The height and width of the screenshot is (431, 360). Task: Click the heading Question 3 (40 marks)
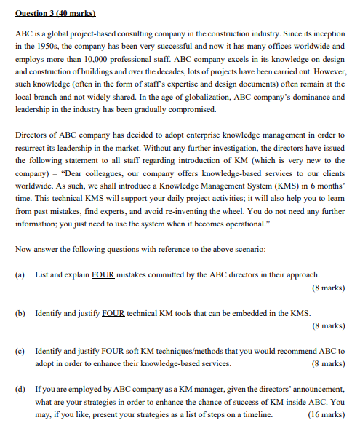pos(55,13)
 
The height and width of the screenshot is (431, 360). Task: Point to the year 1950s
pos(48,46)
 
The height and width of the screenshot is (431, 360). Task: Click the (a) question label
pos(20,274)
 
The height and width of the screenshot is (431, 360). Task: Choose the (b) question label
pos(20,312)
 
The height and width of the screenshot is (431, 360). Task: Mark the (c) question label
pos(20,350)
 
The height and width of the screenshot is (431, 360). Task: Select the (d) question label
pos(20,389)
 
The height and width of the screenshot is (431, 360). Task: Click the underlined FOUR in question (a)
pos(102,274)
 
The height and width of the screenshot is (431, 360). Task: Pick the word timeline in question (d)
pos(257,414)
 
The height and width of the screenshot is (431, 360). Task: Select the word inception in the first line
pos(327,33)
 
